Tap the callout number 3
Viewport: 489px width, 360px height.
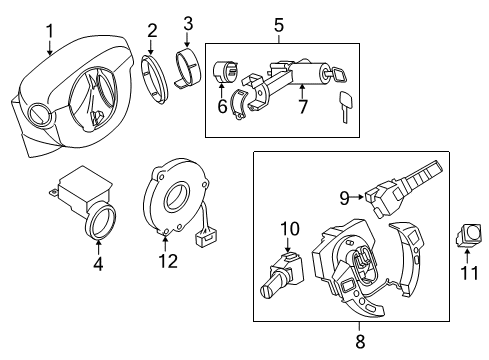pos(189,22)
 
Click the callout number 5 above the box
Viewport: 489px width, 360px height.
pos(279,23)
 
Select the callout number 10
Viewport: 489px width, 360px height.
pos(289,230)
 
